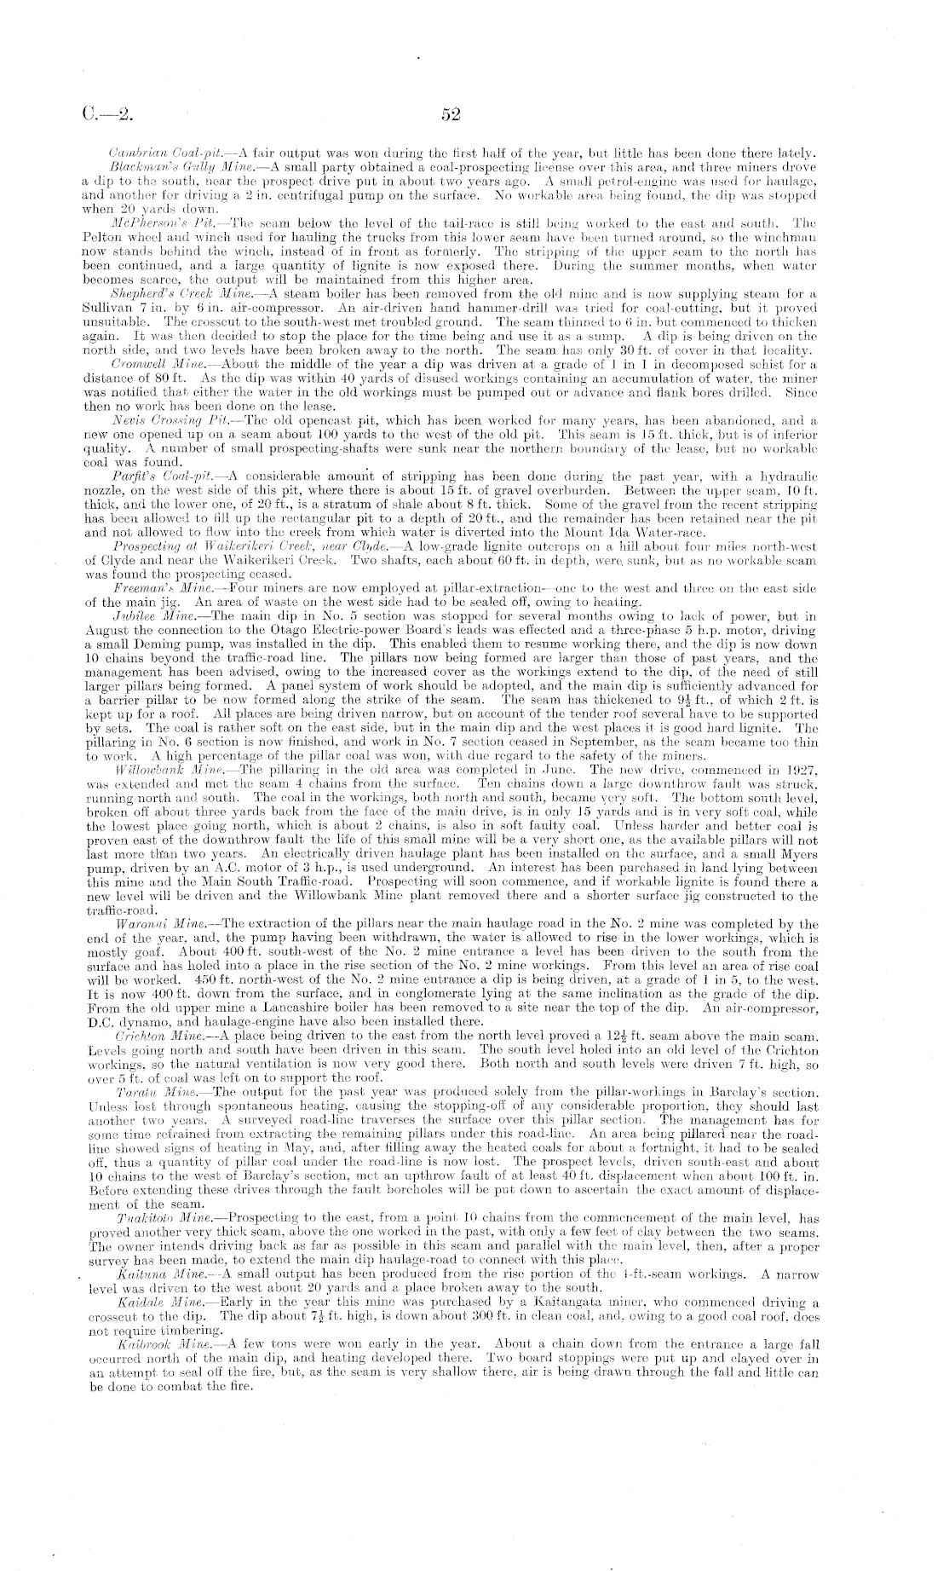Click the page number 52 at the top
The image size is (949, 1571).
(451, 113)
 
